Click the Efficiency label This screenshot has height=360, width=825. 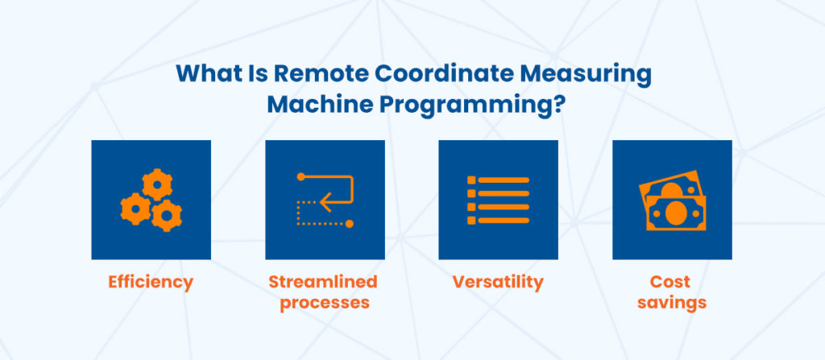[x=151, y=282]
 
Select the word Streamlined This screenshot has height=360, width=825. [x=323, y=282]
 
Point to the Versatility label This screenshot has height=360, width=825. [x=498, y=282]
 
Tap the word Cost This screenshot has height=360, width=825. [x=670, y=282]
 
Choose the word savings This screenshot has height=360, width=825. [x=670, y=303]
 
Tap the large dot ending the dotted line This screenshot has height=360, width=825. [x=349, y=223]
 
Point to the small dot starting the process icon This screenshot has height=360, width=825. [x=301, y=176]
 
